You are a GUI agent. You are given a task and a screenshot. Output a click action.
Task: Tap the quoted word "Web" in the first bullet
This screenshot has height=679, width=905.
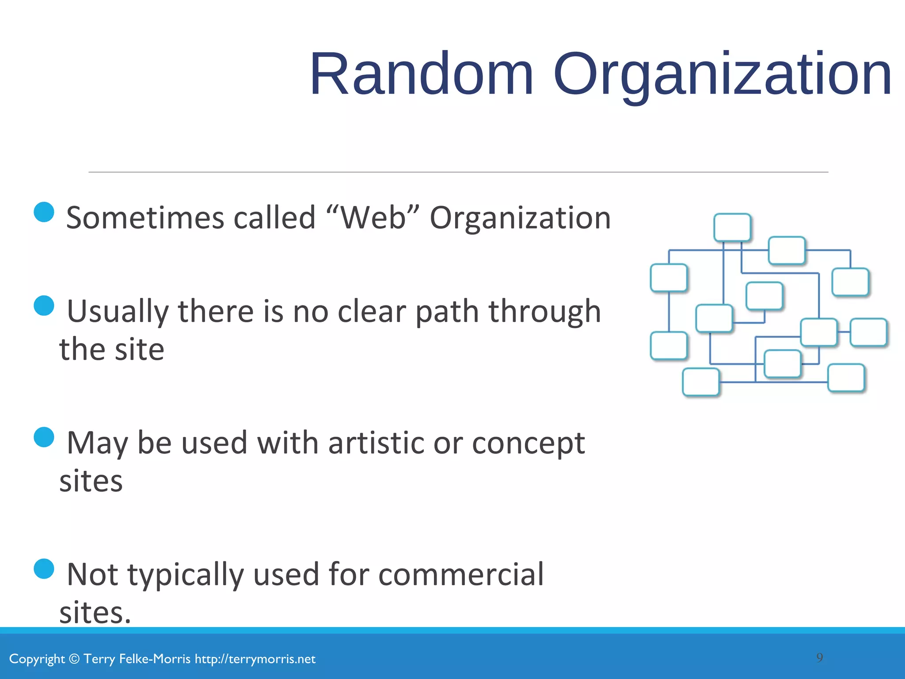pyautogui.click(x=374, y=218)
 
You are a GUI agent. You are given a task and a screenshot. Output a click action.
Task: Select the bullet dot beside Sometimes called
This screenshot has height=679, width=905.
pyautogui.click(x=44, y=212)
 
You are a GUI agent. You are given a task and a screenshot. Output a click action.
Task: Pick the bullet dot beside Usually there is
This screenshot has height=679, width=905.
pyautogui.click(x=44, y=305)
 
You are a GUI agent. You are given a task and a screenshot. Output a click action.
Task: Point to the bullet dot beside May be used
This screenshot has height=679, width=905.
pyautogui.click(x=44, y=437)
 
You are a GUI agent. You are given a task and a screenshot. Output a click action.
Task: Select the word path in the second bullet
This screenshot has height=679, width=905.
pyautogui.click(x=447, y=312)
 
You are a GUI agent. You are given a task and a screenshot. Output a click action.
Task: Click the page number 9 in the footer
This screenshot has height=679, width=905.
pyautogui.click(x=819, y=658)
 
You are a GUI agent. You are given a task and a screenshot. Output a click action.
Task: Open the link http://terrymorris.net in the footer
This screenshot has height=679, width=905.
pyautogui.click(x=255, y=659)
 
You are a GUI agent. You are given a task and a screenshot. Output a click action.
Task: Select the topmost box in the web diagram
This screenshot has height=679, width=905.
pyautogui.click(x=732, y=227)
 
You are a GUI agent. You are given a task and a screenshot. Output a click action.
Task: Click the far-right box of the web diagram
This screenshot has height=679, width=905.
pyautogui.click(x=868, y=332)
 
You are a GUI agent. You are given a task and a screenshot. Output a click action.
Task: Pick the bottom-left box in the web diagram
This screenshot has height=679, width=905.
pyautogui.click(x=700, y=382)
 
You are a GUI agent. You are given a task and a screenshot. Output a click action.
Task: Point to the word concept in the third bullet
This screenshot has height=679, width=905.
pyautogui.click(x=528, y=443)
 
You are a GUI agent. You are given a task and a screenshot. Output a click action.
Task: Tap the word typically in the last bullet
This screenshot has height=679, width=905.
pyautogui.click(x=186, y=575)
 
